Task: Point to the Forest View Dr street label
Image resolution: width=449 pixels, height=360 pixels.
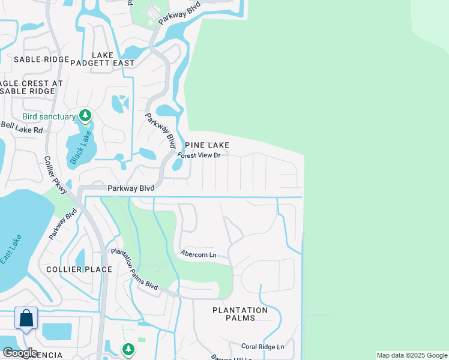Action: coord(199,155)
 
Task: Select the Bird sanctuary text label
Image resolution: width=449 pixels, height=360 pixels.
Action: coord(49,116)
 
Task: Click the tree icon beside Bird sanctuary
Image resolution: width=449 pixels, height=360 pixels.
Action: coord(85,115)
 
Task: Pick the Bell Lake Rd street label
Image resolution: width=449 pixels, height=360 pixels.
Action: coord(22,127)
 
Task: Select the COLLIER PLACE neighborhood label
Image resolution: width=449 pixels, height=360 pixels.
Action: coord(79,269)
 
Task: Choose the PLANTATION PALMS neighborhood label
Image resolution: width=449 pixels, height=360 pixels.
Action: coord(240,314)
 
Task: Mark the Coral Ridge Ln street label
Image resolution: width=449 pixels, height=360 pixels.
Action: coord(262,347)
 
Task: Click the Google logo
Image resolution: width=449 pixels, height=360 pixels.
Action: coord(19,353)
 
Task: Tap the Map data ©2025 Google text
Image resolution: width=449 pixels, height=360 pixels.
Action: coord(412,355)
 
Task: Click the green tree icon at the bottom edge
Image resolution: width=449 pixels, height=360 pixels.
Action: coord(128,349)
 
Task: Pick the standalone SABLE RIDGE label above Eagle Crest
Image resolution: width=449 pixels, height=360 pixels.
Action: coord(35,59)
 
